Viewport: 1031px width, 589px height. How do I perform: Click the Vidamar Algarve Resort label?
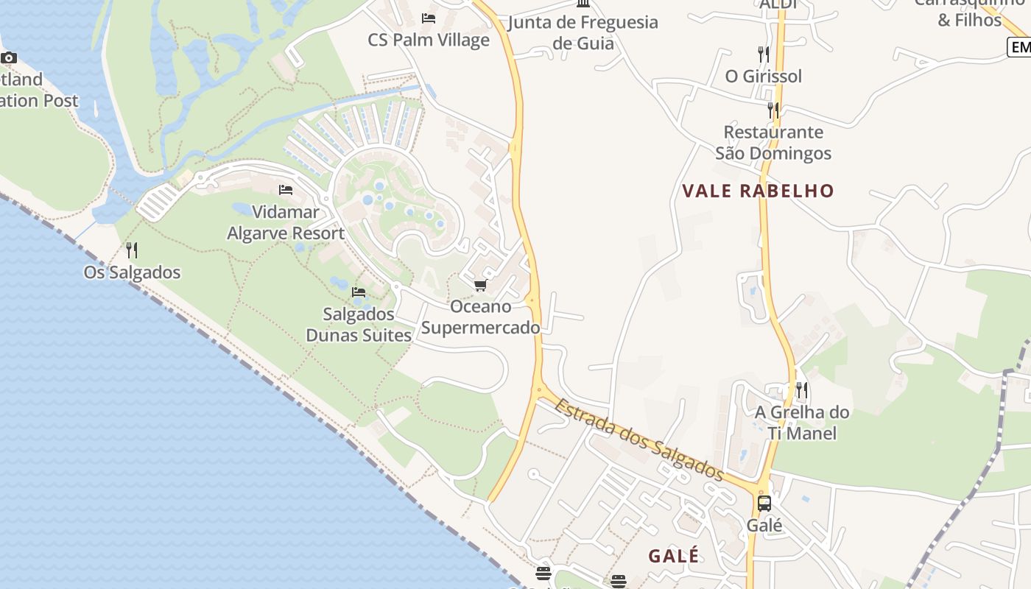click(286, 223)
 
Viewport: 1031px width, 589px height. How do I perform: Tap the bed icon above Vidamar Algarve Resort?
click(286, 190)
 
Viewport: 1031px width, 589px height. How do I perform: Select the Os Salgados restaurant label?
click(132, 272)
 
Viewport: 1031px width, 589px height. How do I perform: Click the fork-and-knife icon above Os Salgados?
click(132, 250)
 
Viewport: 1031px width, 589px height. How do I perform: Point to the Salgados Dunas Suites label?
click(359, 325)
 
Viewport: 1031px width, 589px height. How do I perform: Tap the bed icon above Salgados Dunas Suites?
click(359, 292)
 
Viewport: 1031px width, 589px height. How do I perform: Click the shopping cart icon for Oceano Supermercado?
click(480, 285)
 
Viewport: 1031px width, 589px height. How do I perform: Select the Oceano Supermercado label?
click(480, 317)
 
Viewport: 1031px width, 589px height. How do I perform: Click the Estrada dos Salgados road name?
click(639, 440)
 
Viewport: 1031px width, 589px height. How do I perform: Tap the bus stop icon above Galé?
click(764, 504)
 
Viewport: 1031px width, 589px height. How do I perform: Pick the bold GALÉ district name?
click(673, 556)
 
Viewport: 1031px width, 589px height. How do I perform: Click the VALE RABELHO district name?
click(758, 191)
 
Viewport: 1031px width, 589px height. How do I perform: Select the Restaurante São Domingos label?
click(773, 143)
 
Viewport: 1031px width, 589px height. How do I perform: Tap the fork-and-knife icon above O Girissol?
click(764, 54)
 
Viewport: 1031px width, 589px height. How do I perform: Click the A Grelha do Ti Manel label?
click(802, 423)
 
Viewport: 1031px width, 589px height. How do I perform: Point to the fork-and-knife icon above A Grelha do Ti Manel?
click(802, 389)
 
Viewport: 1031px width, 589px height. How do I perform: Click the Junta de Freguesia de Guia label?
click(583, 32)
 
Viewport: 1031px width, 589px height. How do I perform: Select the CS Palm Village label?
click(429, 40)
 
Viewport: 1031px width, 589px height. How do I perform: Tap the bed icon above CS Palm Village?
click(429, 18)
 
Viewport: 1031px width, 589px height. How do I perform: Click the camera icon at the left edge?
click(9, 57)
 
